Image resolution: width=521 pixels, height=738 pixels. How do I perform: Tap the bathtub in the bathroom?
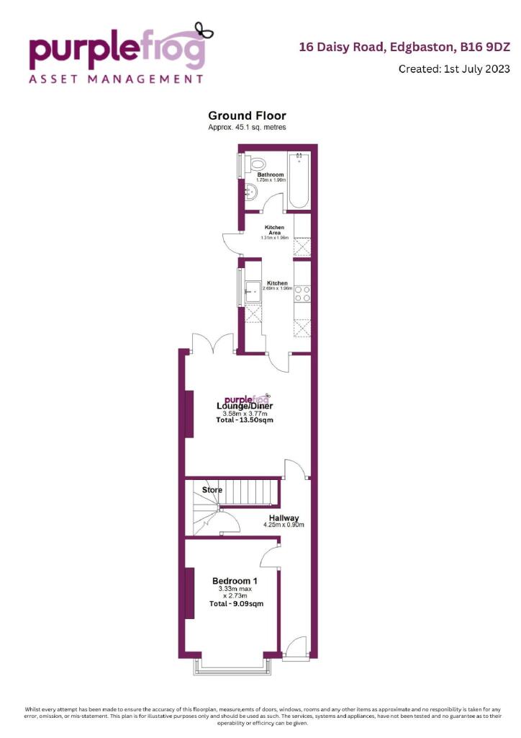click(x=299, y=180)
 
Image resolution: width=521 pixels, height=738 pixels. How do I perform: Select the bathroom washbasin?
click(x=252, y=192)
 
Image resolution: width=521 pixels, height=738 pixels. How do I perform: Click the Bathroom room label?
click(x=271, y=174)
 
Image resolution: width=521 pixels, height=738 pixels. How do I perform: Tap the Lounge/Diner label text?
click(x=244, y=406)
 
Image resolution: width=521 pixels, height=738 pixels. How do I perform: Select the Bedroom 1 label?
click(x=235, y=581)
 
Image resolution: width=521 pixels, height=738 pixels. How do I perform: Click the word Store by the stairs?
click(x=212, y=490)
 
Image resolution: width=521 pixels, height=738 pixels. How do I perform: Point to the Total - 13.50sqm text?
click(x=244, y=420)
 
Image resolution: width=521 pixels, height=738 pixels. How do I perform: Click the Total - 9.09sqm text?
click(x=235, y=604)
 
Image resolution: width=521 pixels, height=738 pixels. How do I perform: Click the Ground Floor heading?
click(x=247, y=115)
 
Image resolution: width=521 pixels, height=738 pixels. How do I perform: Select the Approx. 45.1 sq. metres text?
click(x=247, y=127)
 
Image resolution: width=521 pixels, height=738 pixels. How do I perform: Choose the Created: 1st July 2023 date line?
click(x=453, y=69)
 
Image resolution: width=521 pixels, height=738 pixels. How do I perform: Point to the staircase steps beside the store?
click(x=248, y=493)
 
